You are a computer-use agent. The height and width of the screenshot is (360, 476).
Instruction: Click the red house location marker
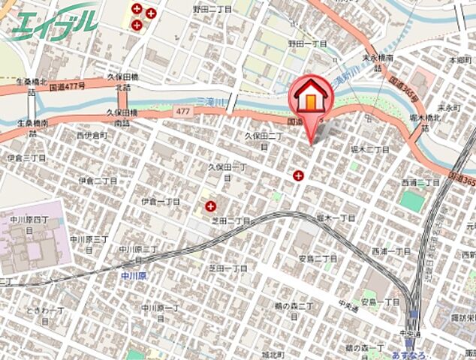click(311, 97)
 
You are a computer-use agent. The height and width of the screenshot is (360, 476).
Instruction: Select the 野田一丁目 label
click(307, 44)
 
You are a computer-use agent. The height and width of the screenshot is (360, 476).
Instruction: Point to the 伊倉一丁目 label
click(160, 202)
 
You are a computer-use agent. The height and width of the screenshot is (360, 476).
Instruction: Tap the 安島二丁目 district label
click(317, 259)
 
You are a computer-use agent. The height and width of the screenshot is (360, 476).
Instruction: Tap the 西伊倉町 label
click(92, 136)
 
